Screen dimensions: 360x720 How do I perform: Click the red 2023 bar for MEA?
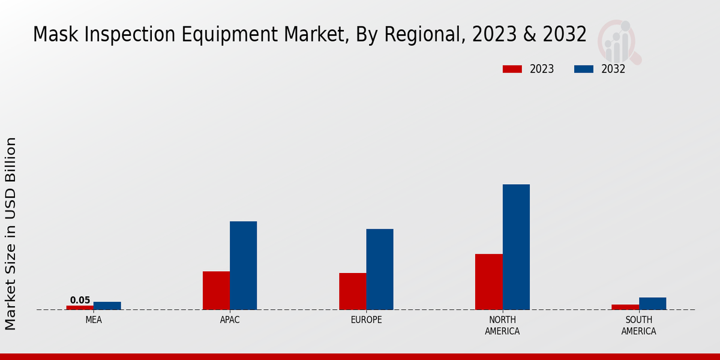(x=80, y=307)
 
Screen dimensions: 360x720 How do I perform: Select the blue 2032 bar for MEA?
(x=107, y=305)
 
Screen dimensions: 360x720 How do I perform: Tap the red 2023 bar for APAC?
(x=216, y=290)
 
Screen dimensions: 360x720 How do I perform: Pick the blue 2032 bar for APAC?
(x=243, y=265)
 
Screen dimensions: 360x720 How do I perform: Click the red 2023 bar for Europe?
(x=352, y=291)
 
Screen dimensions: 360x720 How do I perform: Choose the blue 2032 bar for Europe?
(x=380, y=269)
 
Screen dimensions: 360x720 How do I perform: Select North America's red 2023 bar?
(x=488, y=281)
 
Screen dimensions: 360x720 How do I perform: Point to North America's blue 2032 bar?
(x=516, y=247)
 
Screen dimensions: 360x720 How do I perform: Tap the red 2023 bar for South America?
(x=625, y=307)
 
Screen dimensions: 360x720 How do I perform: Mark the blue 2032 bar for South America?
(x=652, y=303)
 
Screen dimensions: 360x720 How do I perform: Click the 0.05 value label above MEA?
(x=80, y=300)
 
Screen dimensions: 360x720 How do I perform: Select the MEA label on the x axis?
(x=94, y=320)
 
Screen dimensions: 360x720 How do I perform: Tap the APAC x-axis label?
(x=230, y=320)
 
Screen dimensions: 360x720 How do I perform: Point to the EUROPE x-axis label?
(x=366, y=320)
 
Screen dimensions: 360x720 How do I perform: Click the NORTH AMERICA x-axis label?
(x=502, y=325)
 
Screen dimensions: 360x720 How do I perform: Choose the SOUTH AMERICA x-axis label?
(x=638, y=325)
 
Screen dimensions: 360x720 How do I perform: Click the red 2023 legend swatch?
(x=512, y=69)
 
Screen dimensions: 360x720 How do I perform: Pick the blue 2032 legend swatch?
(x=583, y=69)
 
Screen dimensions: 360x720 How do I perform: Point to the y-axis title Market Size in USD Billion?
(x=11, y=233)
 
